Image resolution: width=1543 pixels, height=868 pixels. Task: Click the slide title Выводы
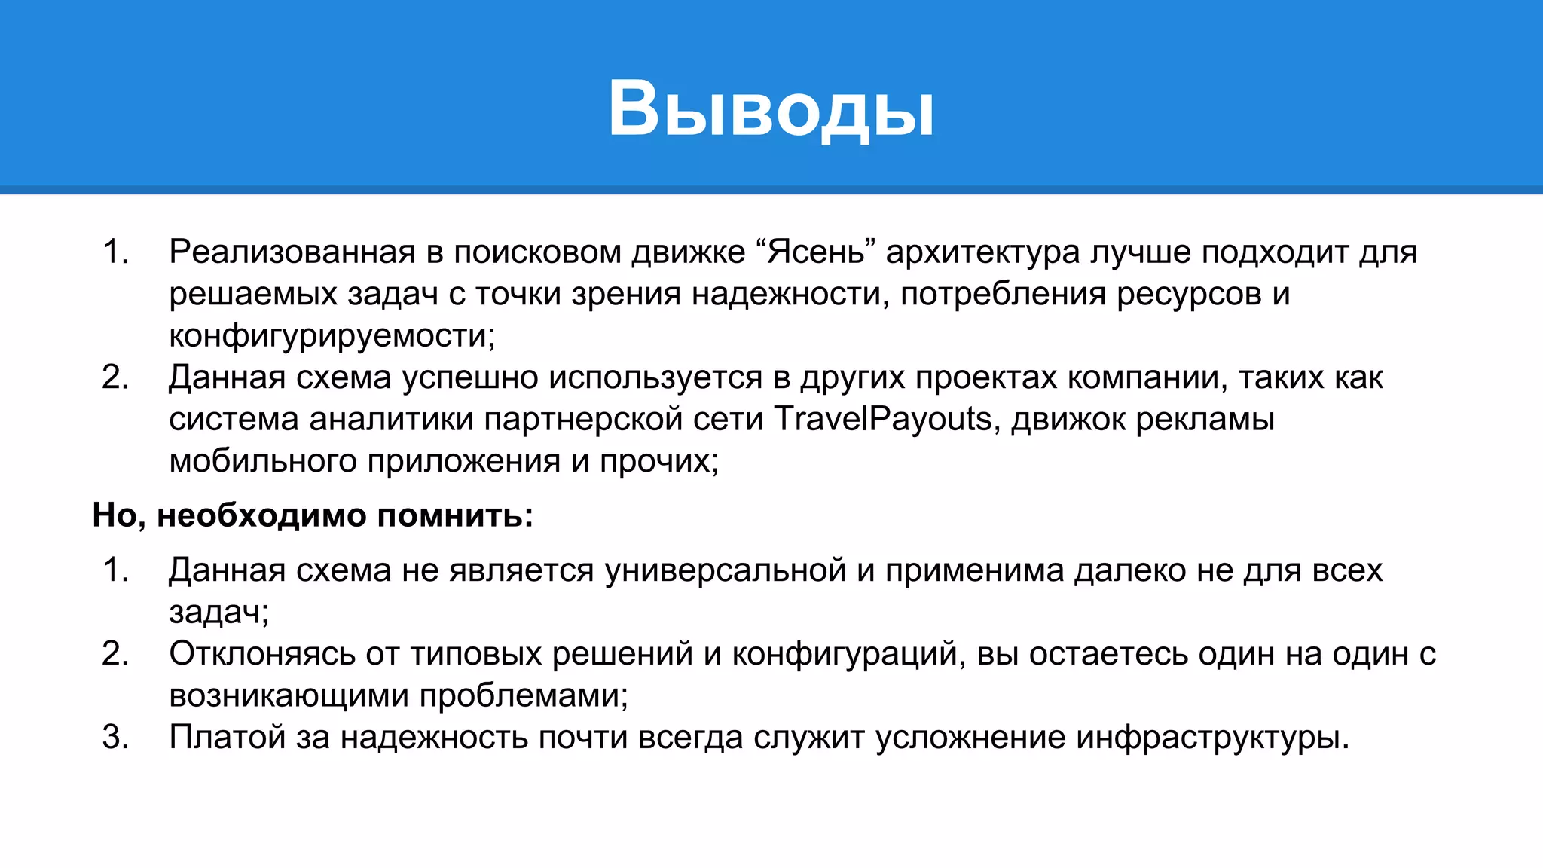tap(771, 109)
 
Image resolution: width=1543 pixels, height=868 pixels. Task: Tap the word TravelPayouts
tap(881, 419)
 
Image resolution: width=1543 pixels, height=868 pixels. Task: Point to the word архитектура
tap(982, 252)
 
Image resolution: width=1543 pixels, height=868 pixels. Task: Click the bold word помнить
tap(454, 515)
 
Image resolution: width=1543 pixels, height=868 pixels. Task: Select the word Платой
tap(226, 737)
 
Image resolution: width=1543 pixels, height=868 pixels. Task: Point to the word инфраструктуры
tap(1211, 737)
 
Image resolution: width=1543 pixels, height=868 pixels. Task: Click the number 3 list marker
tap(115, 737)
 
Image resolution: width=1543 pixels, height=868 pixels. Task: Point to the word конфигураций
tap(848, 654)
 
